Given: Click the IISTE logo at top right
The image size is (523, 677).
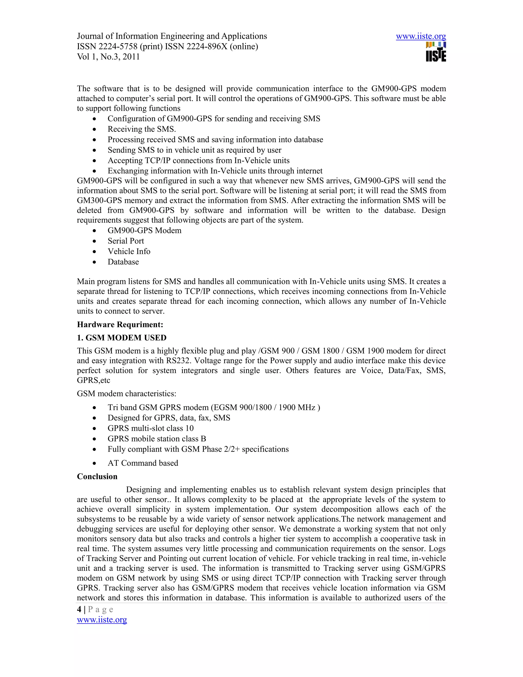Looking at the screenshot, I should [436, 52].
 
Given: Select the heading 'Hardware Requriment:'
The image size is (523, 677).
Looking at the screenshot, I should [120, 324].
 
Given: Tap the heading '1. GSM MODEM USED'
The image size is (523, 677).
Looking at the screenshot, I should [122, 337].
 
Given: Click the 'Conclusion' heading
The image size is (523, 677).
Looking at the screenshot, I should [97, 476].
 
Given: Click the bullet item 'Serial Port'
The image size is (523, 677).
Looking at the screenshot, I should [126, 241].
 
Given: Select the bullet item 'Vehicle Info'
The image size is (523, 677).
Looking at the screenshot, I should [129, 251].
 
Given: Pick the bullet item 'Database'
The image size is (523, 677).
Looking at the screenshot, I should [123, 262].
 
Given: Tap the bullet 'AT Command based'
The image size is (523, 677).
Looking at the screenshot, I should [143, 463].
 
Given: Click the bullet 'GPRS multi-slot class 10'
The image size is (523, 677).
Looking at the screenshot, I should [151, 428].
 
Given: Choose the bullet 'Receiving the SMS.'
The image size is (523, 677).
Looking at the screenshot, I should [141, 129].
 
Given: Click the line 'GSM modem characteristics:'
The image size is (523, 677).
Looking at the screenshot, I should [126, 394].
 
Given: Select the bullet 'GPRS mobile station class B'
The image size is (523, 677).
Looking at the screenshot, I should [157, 439].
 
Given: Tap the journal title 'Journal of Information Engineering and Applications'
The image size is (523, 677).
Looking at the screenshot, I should [172, 36].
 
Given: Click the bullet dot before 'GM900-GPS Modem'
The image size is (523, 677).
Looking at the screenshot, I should [94, 231].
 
